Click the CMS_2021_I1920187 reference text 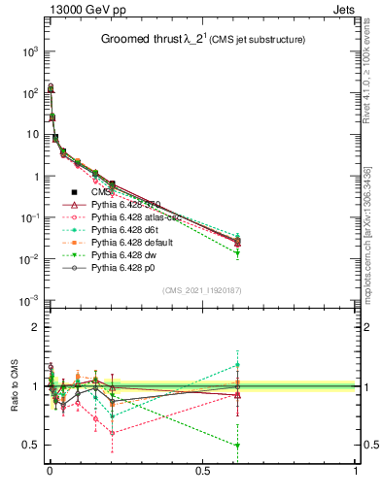click(x=201, y=290)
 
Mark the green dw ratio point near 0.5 click(x=238, y=446)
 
